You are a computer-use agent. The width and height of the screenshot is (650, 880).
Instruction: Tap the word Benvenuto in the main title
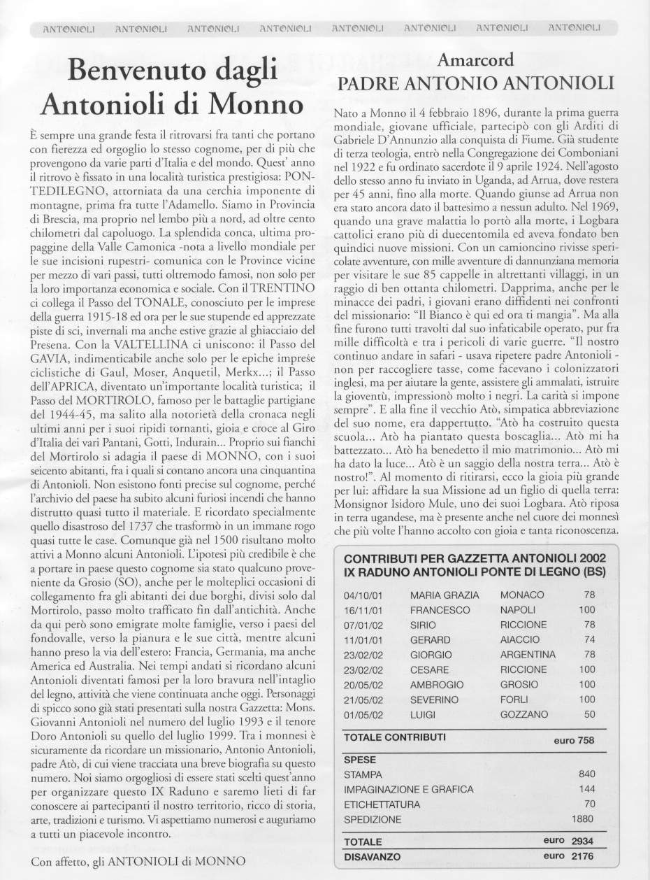132,71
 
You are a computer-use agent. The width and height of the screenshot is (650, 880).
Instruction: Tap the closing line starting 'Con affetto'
138,862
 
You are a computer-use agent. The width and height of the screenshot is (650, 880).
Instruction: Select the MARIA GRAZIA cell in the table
445,595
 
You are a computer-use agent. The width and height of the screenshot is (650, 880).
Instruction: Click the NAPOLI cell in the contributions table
519,610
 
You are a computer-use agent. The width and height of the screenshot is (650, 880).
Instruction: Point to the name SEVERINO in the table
434,700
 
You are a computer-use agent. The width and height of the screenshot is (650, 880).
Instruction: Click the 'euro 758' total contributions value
573,741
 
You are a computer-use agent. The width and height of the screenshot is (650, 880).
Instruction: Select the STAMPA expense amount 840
587,774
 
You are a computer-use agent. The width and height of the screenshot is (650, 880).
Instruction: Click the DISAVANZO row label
373,856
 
